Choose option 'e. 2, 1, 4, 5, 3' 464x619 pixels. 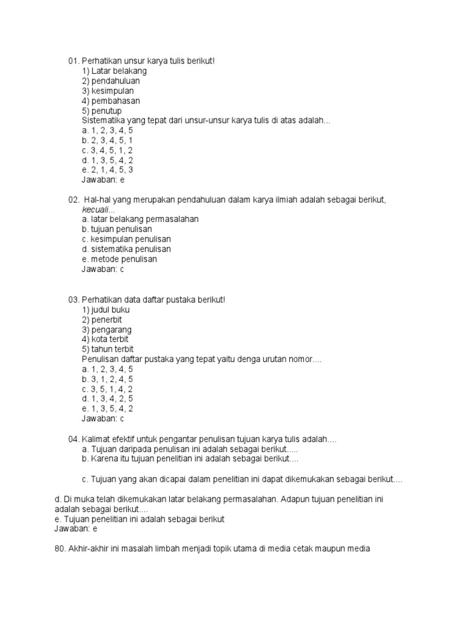pos(108,170)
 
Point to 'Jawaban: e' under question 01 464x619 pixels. pos(103,180)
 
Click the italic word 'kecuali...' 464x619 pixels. pos(98,209)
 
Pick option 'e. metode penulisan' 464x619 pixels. pos(119,259)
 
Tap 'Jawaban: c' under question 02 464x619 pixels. pos(103,269)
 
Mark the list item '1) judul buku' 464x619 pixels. pos(106,309)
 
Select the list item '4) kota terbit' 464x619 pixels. pos(105,339)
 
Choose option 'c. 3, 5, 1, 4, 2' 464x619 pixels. pos(108,389)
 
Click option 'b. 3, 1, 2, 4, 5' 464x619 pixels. pos(108,379)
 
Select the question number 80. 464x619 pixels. pos(60,549)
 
